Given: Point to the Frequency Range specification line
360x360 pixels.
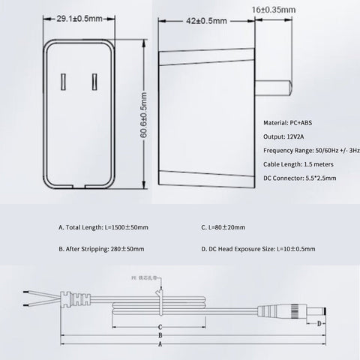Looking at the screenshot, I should pyautogui.click(x=310, y=151).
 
